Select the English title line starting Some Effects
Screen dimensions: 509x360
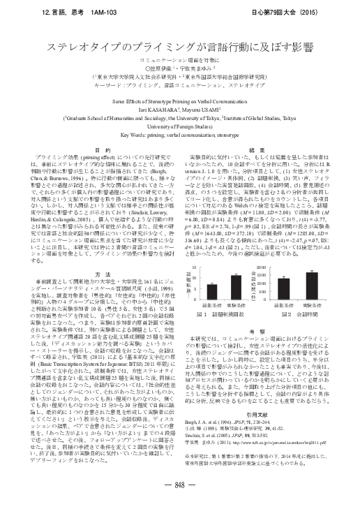point(180,101)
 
